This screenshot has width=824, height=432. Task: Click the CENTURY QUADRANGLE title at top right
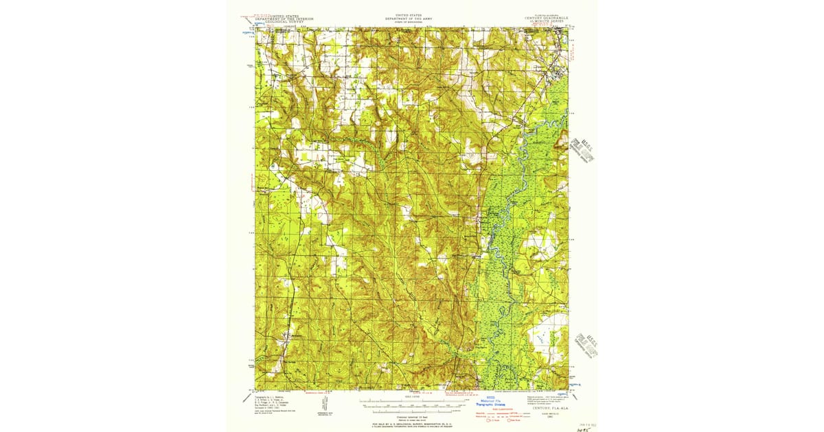coord(546,19)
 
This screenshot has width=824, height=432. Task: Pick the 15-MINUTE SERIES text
coord(547,22)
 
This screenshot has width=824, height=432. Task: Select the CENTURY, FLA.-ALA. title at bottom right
coord(546,409)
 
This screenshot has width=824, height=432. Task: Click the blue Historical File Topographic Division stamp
coord(490,402)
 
